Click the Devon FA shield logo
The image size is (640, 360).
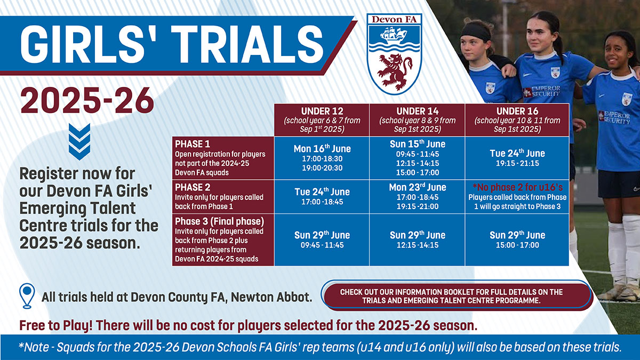394,54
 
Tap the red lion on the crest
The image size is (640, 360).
395,69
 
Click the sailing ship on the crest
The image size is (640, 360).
394,36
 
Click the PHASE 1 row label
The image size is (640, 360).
222,158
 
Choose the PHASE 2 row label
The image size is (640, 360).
222,197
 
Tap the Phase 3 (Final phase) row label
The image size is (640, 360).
222,239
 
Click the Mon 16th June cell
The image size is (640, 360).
322,158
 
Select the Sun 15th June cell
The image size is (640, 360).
418,158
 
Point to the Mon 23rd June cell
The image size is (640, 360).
418,197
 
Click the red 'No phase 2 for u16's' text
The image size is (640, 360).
517,187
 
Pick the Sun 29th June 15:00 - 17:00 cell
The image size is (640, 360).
517,239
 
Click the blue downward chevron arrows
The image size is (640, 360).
79,141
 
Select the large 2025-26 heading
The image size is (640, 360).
87,99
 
